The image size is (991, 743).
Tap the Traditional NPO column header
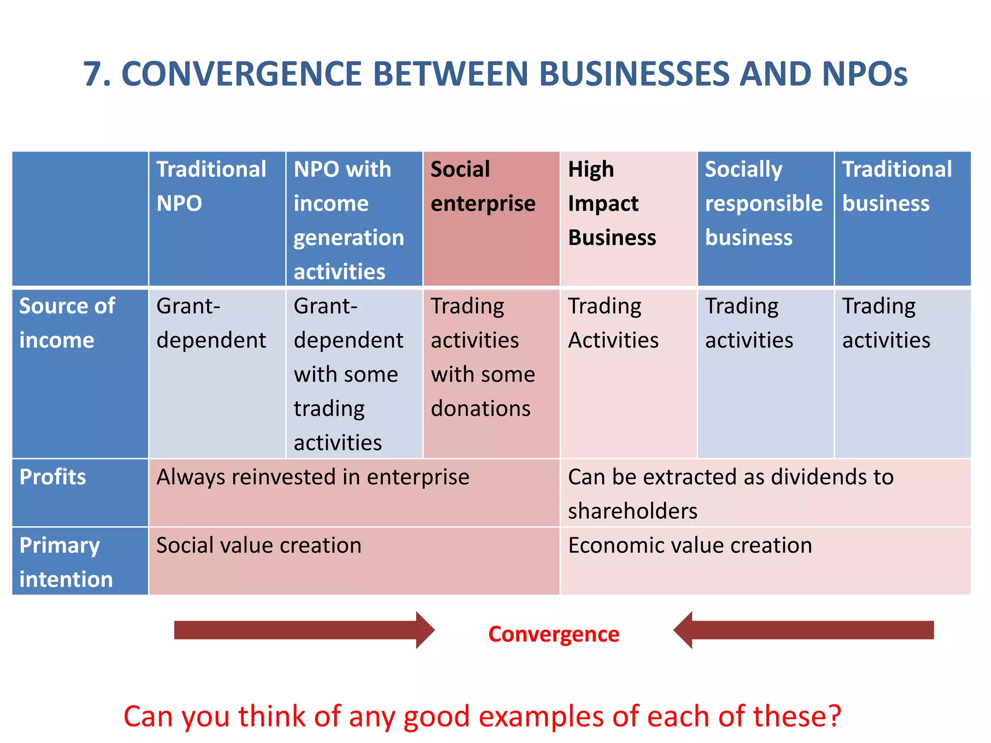[x=211, y=186]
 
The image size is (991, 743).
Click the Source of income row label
[x=67, y=323]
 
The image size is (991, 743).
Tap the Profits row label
[x=53, y=477]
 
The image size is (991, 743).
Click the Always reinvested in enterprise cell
[x=313, y=477]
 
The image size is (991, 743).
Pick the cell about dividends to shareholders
[x=731, y=493]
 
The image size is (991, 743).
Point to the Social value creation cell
[x=259, y=546]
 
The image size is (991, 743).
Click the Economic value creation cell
[x=690, y=546]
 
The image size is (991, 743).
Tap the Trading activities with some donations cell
[x=483, y=357]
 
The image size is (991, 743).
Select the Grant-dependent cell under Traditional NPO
[x=211, y=323]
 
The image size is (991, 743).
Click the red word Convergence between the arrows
[x=554, y=634]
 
